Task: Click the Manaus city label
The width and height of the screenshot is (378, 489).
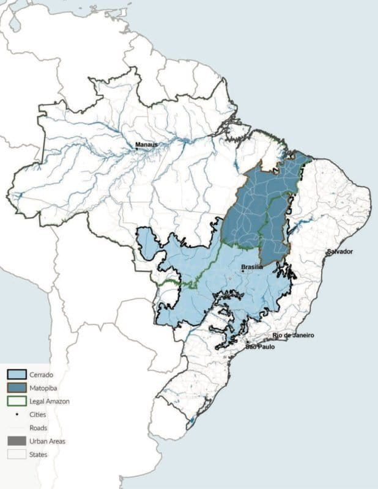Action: (147, 144)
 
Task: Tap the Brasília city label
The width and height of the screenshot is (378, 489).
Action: (252, 267)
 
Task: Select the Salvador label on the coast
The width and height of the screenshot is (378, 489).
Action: (339, 252)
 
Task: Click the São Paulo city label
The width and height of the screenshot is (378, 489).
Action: (260, 347)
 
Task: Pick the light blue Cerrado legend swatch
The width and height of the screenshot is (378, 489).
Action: (16, 374)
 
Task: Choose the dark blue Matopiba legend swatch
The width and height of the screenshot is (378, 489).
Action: (16, 388)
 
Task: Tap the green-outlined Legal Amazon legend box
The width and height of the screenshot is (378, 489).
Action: (16, 401)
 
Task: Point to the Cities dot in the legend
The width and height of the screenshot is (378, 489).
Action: (16, 414)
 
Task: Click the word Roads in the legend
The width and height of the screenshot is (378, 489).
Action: (38, 428)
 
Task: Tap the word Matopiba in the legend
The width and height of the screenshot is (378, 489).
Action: (42, 388)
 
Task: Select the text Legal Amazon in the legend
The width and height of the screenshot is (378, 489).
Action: (49, 401)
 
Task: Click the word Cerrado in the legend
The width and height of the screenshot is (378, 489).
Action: (41, 374)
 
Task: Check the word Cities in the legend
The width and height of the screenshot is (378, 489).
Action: (38, 414)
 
